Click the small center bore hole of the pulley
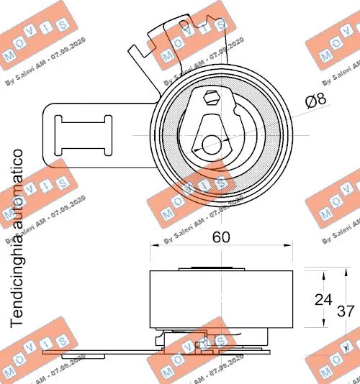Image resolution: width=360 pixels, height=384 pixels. coord(210,145)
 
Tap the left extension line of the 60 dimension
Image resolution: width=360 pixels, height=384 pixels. coord(149,255)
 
